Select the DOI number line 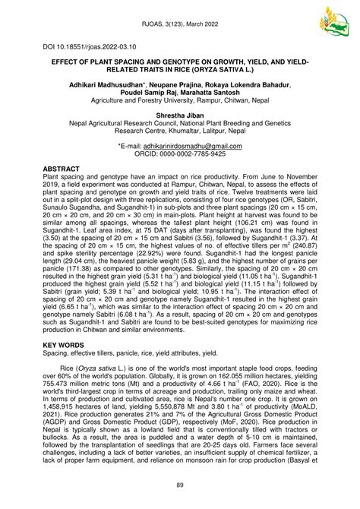pos(80,46)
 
